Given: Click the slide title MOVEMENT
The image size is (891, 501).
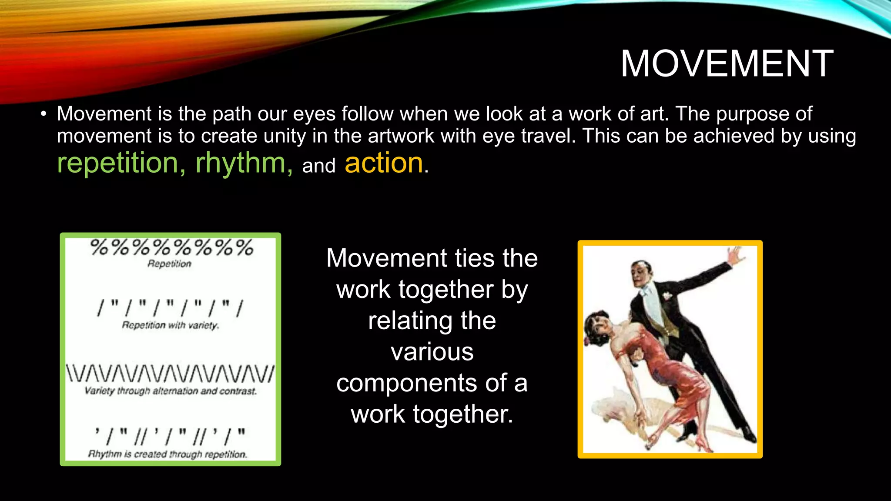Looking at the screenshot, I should point(727,63).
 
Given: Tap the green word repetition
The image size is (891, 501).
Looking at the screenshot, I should point(117,164).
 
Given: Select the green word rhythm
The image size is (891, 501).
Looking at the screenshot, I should point(244,164).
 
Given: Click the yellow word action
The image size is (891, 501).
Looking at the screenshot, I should point(384,164).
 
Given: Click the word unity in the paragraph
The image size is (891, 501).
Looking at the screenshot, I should point(285,136).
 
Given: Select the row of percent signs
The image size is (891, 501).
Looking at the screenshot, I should point(171,247).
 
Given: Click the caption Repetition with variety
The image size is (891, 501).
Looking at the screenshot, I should point(170,325).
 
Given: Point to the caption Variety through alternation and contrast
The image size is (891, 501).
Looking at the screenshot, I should point(171,391).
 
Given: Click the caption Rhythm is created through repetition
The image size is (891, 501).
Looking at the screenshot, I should point(168,454).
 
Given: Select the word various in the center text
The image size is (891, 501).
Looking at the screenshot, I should point(432,352).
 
